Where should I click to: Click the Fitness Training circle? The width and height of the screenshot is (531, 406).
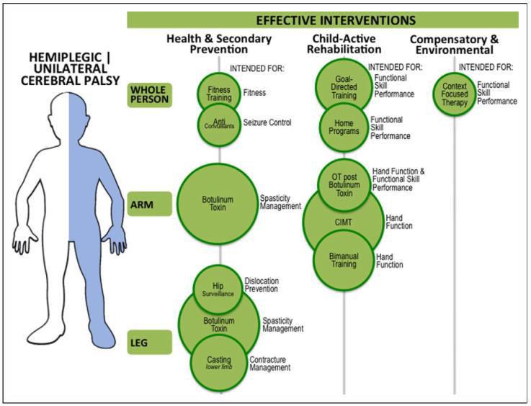219,91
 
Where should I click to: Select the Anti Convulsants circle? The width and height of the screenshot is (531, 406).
219,124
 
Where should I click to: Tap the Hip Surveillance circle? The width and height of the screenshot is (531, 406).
218,289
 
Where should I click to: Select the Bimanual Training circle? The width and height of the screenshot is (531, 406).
343,259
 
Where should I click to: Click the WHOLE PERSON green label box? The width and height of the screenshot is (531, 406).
150,95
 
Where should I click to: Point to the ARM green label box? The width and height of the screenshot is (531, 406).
150,204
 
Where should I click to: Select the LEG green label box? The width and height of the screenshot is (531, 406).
150,342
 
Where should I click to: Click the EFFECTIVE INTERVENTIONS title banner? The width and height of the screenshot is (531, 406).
323,19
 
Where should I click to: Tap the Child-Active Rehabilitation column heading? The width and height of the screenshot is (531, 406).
344,44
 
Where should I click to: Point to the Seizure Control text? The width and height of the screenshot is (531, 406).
267,122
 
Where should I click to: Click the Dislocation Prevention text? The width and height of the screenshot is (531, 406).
262,285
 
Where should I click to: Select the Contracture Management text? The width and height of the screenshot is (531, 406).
270,364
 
